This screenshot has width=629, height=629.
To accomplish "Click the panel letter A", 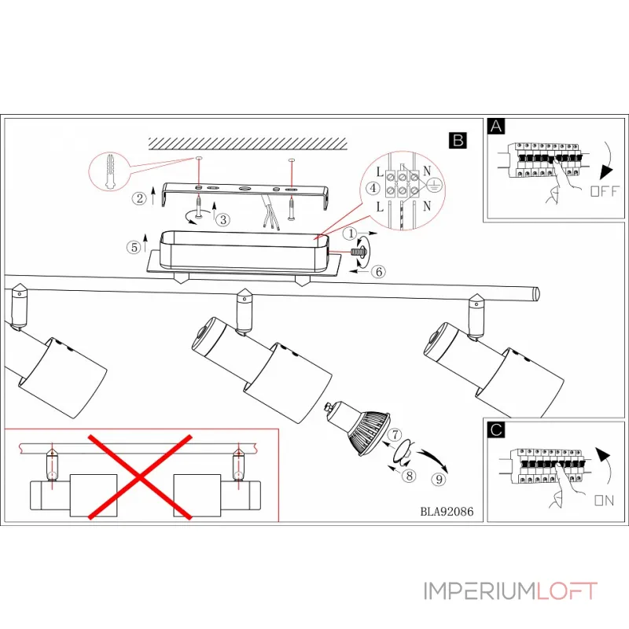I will [x=495, y=126].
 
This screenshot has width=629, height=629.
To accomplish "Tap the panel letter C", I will [x=495, y=430].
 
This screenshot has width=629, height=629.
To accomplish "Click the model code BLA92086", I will [x=447, y=509].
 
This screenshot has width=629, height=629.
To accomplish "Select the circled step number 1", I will [x=351, y=234].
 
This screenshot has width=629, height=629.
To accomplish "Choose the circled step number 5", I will [x=134, y=246].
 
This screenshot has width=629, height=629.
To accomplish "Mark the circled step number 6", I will [x=377, y=271].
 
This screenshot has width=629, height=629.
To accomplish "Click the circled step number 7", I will [x=396, y=434].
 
